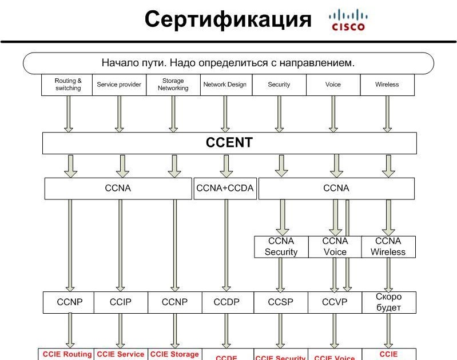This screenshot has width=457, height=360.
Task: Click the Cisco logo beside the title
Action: click(347, 20)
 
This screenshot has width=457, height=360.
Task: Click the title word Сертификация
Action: click(228, 19)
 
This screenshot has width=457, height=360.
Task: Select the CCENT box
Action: click(229, 142)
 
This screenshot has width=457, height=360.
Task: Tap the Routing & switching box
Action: click(67, 85)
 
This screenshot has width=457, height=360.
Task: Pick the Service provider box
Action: click(119, 85)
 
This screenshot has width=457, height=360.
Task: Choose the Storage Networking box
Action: click(173, 85)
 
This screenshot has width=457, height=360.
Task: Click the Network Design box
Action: click(225, 85)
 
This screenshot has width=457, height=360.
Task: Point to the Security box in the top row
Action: click(279, 85)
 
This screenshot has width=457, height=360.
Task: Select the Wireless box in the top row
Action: click(387, 85)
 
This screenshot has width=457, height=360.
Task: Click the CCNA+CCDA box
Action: click(225, 188)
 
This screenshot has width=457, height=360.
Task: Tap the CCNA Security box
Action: click(281, 247)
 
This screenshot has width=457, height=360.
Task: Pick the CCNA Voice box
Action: click(335, 247)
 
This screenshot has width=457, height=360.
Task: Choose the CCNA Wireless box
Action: click(388, 247)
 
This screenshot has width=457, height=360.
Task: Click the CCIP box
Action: click(121, 302)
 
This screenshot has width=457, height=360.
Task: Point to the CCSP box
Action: click(281, 302)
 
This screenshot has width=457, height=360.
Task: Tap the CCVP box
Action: click(335, 302)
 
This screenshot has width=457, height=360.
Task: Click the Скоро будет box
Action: click(388, 302)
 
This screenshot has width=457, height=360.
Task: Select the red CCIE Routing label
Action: click(67, 355)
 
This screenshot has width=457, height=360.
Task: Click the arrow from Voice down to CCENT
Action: click(333, 114)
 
